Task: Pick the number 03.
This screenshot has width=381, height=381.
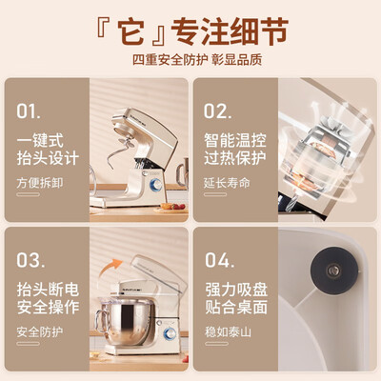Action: point(30,260)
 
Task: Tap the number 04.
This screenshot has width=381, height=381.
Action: point(218,260)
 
